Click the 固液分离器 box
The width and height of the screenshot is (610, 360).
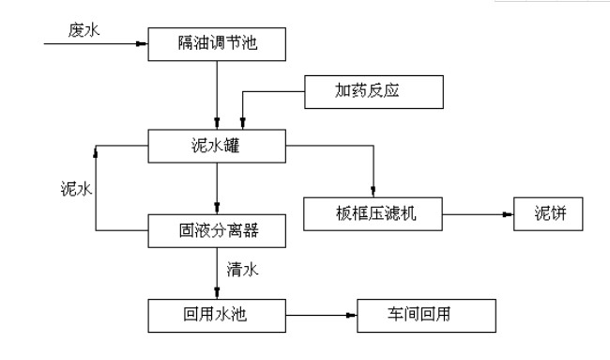(217, 227)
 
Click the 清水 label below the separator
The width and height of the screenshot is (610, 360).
(242, 270)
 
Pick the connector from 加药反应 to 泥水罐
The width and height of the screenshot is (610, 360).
(272, 92)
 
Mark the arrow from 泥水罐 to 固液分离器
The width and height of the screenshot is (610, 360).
(217, 186)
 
